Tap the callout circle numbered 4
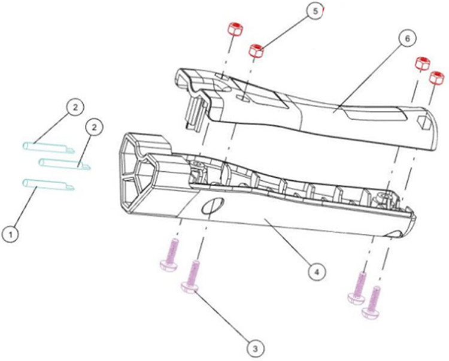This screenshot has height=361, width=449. [317, 271]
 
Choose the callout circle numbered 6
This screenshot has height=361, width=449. [406, 39]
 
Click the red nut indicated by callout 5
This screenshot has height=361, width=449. [257, 50]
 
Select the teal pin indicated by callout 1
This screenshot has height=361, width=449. [48, 184]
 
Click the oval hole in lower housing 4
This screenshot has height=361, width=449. [211, 207]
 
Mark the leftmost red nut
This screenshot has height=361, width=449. [234, 29]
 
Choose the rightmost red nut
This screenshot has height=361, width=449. [437, 78]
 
